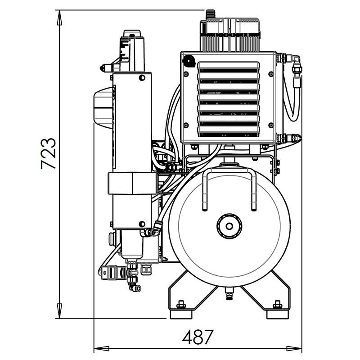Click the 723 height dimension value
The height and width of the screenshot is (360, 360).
pyautogui.click(x=49, y=153)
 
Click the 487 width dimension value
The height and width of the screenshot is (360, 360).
pyautogui.click(x=198, y=337)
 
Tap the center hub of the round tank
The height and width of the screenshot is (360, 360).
pyautogui.click(x=229, y=226)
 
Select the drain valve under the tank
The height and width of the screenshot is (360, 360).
pyautogui.click(x=229, y=293)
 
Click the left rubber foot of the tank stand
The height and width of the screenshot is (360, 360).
pyautogui.click(x=181, y=314)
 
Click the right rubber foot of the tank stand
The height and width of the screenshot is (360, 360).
pyautogui.click(x=278, y=314)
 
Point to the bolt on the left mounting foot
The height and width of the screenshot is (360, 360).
pyautogui.click(x=181, y=305)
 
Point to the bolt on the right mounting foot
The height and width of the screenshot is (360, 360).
pyautogui.click(x=278, y=305)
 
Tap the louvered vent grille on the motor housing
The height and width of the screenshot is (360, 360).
pyautogui.click(x=229, y=99)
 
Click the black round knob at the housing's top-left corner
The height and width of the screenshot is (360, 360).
pyautogui.click(x=189, y=61)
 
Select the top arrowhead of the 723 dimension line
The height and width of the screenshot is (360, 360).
pyautogui.click(x=59, y=18)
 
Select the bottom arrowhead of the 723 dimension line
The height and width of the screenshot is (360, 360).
pyautogui.click(x=59, y=311)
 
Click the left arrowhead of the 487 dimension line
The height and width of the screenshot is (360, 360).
pyautogui.click(x=102, y=348)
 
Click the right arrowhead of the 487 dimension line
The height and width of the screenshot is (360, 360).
pyautogui.click(x=294, y=348)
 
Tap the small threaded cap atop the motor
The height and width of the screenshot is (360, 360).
pyautogui.click(x=211, y=14)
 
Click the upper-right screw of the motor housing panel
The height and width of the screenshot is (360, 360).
pyautogui.click(x=271, y=74)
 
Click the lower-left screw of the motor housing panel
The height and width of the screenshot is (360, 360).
pyautogui.click(x=186, y=126)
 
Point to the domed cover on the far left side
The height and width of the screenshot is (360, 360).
pyautogui.click(x=103, y=108)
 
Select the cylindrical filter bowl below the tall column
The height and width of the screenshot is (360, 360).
pyautogui.click(x=132, y=244)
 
